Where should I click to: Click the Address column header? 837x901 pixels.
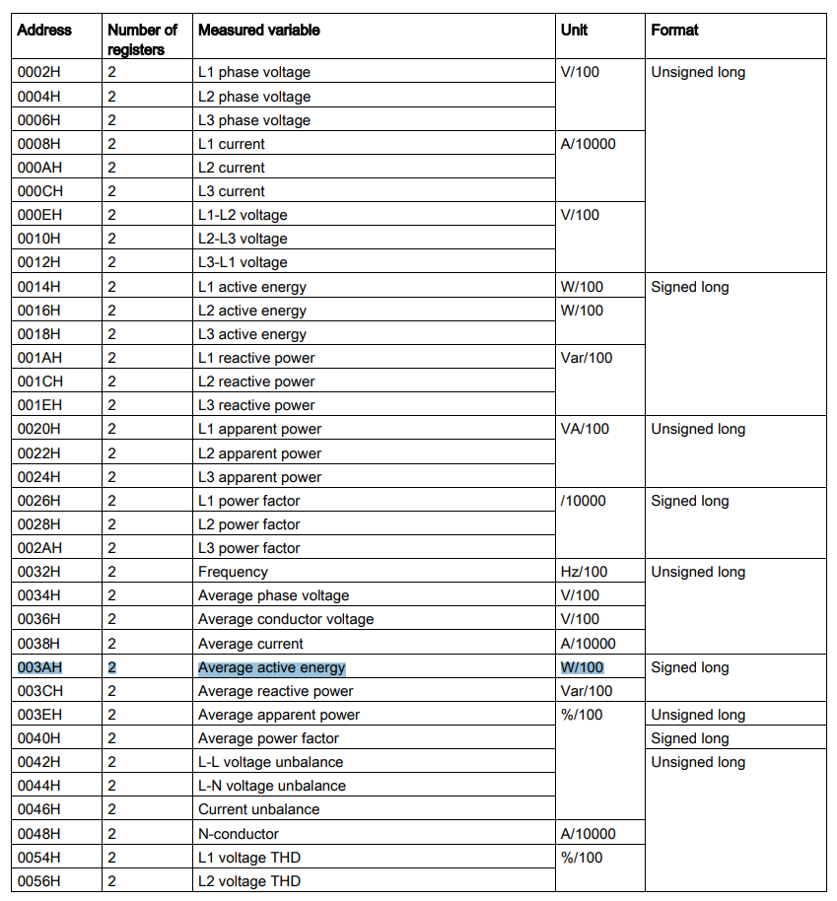click(44, 30)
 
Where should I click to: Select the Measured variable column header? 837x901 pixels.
click(258, 30)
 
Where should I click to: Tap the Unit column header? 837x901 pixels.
click(574, 30)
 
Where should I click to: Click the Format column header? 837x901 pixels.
click(674, 30)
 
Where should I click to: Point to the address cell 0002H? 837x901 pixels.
click(39, 72)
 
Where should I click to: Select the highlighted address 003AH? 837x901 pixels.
click(39, 667)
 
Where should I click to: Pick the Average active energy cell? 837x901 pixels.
click(272, 667)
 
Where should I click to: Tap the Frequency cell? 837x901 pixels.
click(233, 572)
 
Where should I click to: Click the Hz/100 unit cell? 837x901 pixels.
click(584, 572)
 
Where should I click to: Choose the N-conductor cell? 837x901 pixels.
click(239, 834)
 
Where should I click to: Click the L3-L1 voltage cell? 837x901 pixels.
click(243, 262)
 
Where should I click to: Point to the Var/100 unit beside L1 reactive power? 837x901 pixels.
click(586, 358)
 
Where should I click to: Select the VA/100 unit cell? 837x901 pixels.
click(585, 429)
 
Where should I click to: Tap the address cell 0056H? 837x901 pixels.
click(39, 881)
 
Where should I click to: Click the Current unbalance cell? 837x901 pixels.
click(258, 809)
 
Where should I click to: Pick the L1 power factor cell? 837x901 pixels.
click(248, 501)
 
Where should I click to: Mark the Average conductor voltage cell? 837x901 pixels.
click(286, 619)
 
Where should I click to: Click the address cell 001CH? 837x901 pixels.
click(39, 381)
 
